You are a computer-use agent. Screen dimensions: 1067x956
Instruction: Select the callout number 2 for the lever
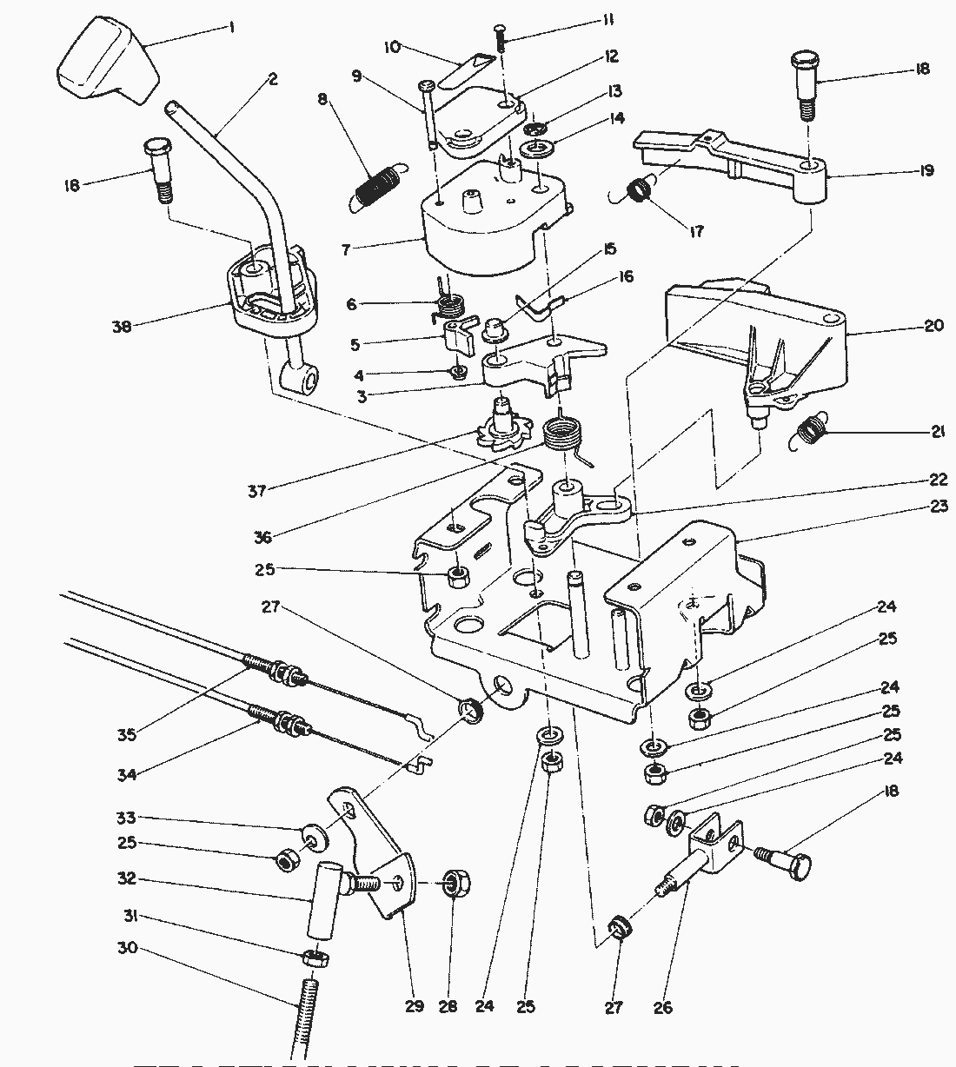tap(273, 80)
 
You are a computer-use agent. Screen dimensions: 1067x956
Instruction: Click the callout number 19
tap(926, 170)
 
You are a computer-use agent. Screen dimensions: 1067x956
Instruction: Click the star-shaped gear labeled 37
tap(504, 425)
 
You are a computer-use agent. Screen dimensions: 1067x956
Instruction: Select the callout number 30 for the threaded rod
tap(127, 948)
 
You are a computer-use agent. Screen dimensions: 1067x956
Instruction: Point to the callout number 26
tap(663, 1007)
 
